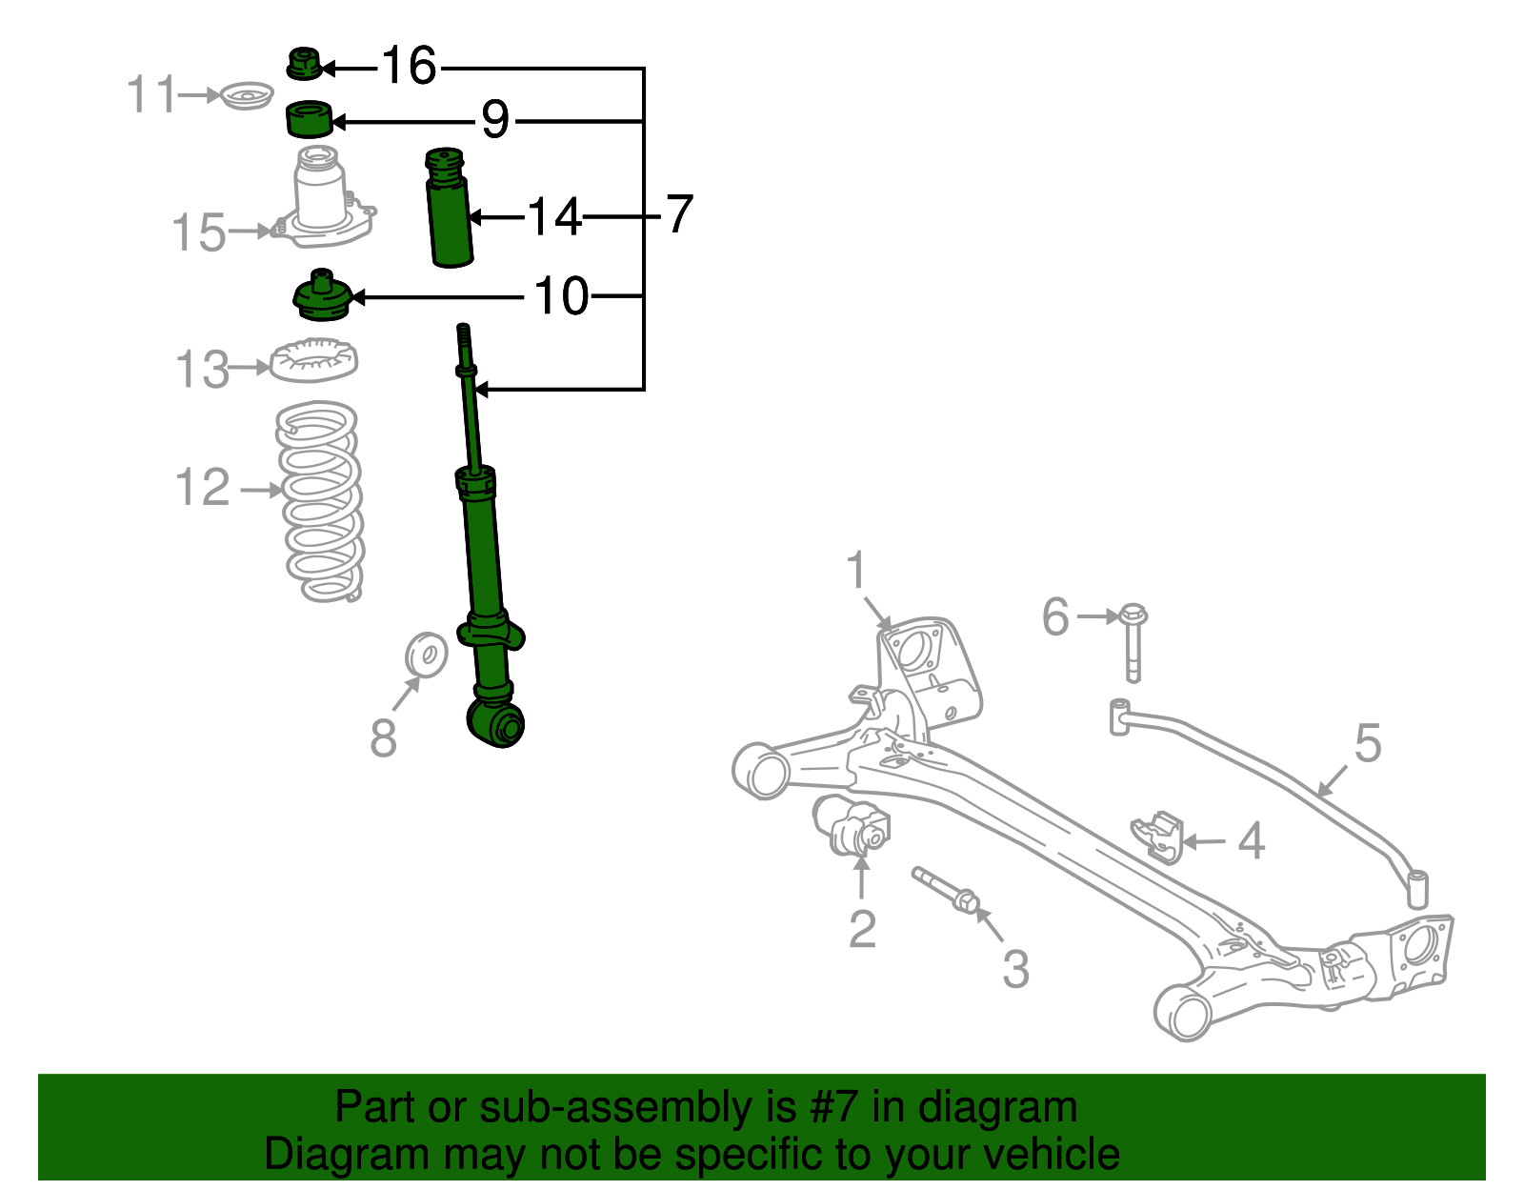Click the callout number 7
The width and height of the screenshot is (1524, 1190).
click(x=678, y=214)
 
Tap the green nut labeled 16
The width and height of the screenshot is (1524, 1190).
click(x=303, y=65)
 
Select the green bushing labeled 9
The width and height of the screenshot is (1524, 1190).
click(x=309, y=119)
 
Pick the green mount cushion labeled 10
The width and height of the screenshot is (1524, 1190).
click(x=322, y=297)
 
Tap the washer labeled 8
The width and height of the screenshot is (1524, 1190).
click(x=426, y=655)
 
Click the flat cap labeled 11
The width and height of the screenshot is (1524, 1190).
click(x=247, y=96)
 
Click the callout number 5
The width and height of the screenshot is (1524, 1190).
click(x=1368, y=743)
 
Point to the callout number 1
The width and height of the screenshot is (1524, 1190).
click(x=857, y=571)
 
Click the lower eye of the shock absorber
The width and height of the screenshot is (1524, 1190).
click(x=496, y=724)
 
